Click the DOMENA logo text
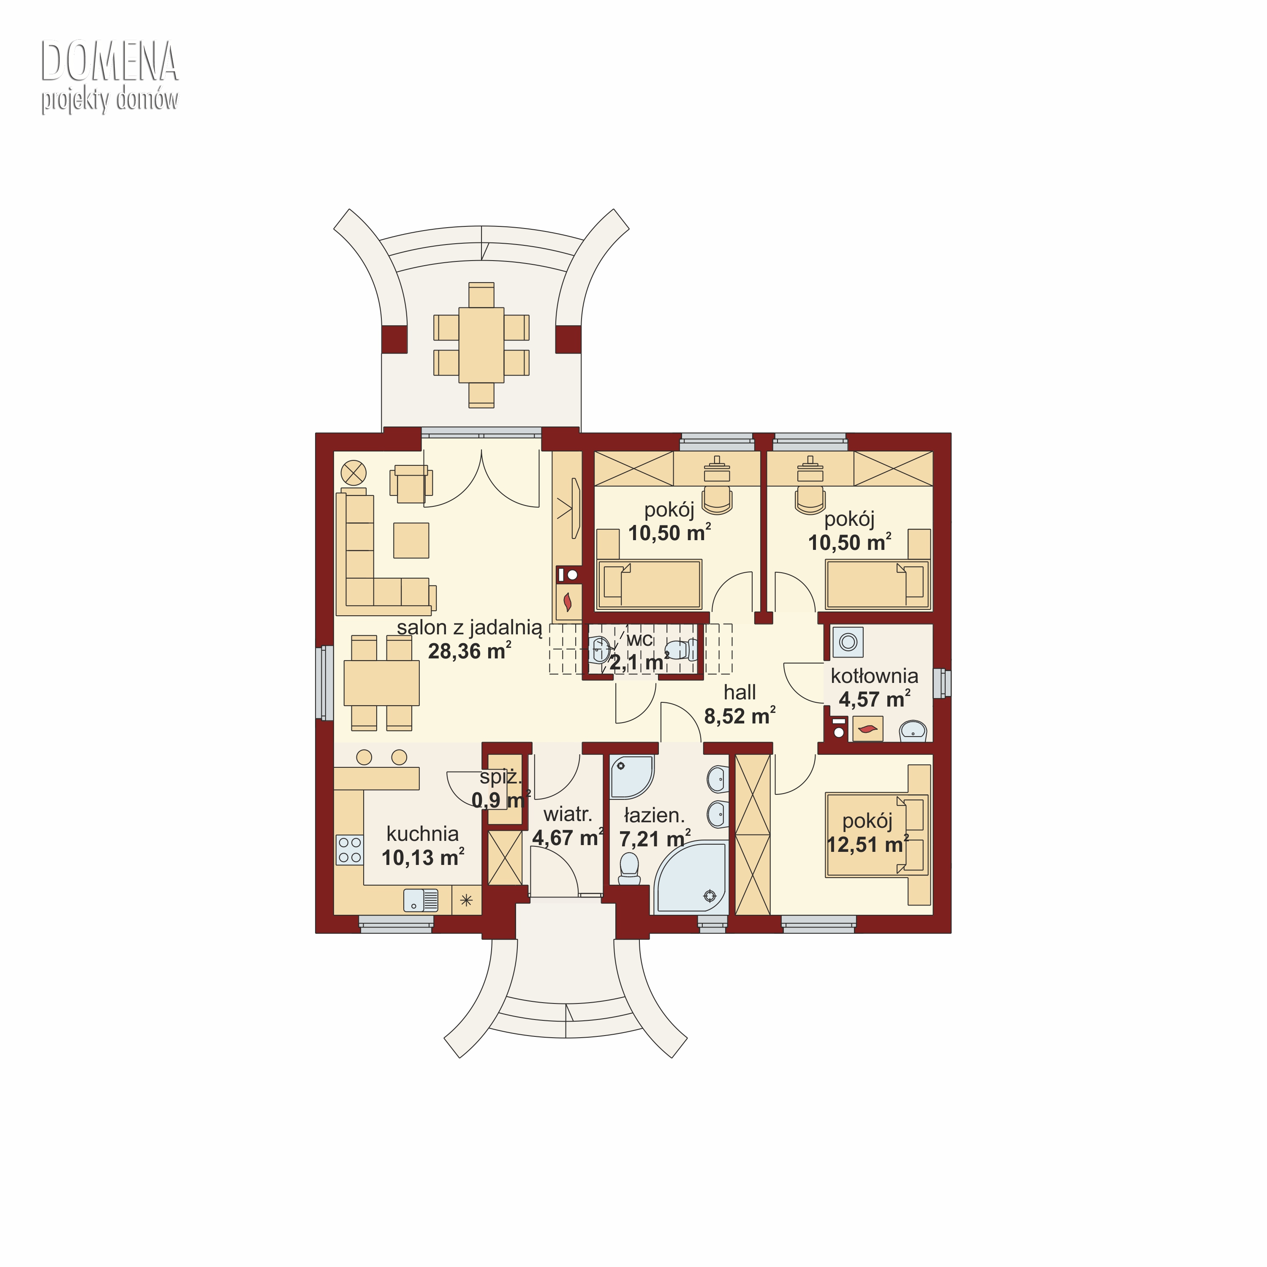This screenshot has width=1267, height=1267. (x=109, y=63)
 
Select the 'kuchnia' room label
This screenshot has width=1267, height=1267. (x=422, y=834)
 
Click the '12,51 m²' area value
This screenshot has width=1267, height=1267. (x=867, y=844)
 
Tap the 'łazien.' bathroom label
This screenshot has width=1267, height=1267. (x=654, y=815)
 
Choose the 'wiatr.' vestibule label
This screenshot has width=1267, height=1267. (x=568, y=815)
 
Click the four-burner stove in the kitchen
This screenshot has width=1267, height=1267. (x=350, y=850)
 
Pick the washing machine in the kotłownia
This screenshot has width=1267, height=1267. (x=848, y=642)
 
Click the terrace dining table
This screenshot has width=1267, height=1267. (x=481, y=345)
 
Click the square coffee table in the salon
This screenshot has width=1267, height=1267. (x=411, y=541)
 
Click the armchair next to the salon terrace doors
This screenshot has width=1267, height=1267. (x=411, y=484)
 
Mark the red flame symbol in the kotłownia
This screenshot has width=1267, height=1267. (x=867, y=729)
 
